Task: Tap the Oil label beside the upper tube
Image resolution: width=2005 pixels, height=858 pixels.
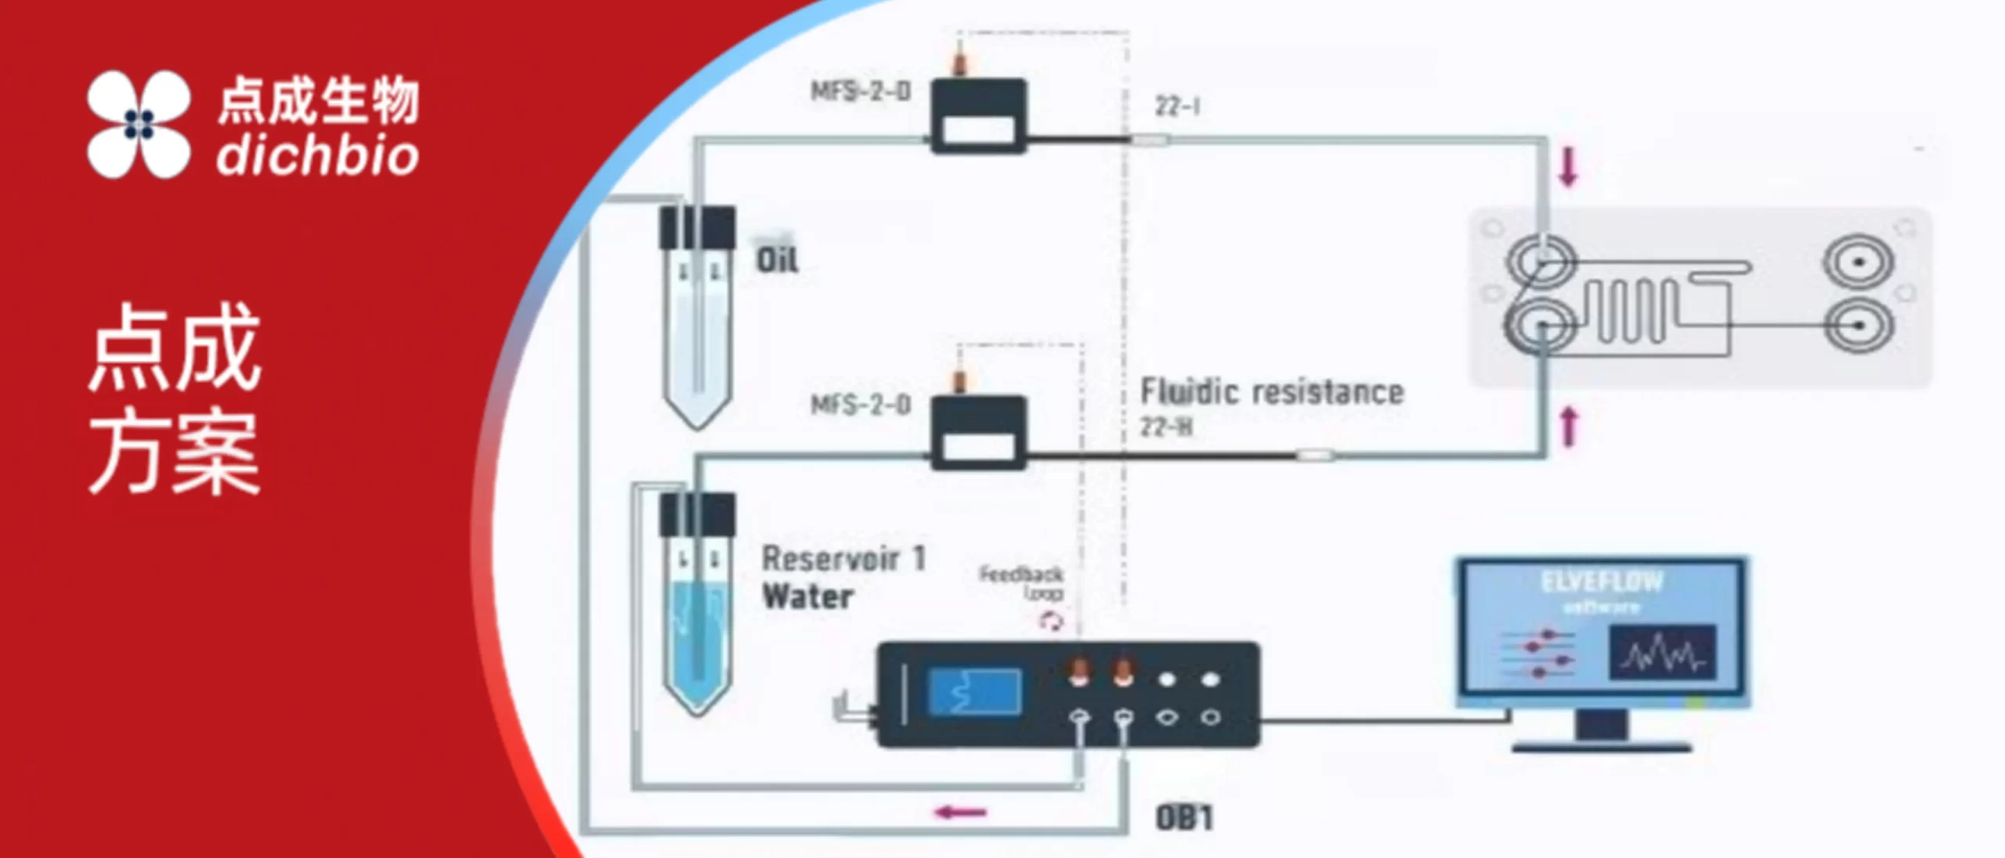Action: (777, 260)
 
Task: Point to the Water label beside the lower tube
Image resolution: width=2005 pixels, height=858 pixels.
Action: (807, 597)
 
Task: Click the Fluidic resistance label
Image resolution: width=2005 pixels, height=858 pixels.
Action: (1272, 392)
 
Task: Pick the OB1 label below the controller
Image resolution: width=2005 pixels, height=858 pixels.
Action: (1184, 819)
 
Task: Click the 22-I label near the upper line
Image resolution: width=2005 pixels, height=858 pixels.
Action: (1177, 106)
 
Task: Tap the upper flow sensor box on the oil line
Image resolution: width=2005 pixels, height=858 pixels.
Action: (978, 116)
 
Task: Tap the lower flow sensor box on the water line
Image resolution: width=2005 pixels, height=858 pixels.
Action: (978, 432)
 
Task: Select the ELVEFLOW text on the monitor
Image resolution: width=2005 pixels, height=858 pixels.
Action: (1601, 582)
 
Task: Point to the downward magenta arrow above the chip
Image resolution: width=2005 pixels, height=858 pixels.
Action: (1567, 168)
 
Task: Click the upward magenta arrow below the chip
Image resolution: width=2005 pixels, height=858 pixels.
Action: (1568, 427)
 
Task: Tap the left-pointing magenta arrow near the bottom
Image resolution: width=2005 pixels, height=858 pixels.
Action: (961, 813)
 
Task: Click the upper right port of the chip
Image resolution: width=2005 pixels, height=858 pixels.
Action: (1859, 261)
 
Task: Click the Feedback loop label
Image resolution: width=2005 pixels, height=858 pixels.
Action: (1021, 583)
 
